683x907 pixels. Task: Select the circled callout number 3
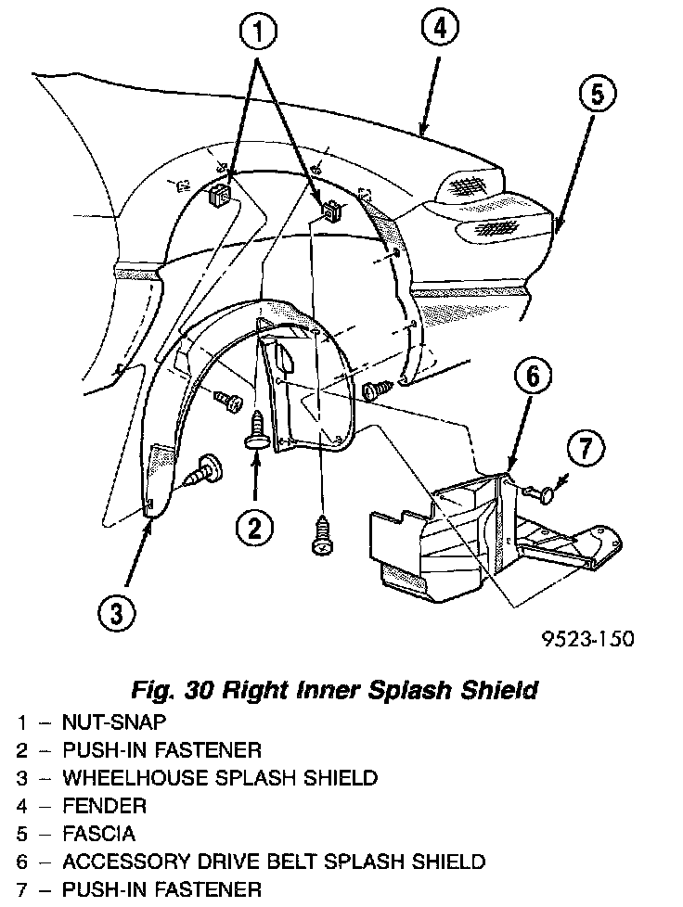115,612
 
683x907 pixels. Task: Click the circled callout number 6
533,377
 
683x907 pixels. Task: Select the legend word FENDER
104,805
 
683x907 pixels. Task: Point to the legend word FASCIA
98,833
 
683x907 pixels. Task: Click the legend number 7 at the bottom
21,890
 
